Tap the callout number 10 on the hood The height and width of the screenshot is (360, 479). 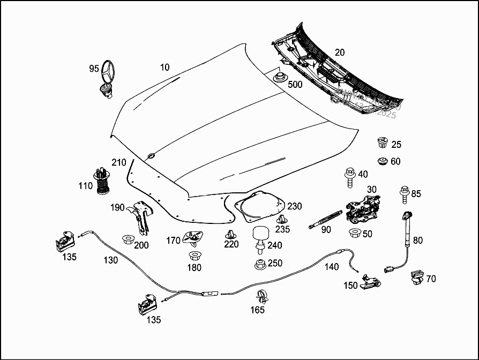coord(164,67)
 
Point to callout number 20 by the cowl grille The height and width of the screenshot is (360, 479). coord(340,52)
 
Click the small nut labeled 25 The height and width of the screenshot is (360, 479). coord(382,143)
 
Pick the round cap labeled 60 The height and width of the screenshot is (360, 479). coord(382,161)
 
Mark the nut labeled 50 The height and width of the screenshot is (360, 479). coord(354,234)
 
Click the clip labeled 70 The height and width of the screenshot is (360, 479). coord(416,277)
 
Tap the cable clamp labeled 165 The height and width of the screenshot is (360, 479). coord(262,295)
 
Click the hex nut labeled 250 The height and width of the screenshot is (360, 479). coord(259,265)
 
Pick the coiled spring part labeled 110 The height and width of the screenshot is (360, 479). coord(102,182)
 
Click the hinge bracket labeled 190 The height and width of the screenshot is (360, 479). coord(141,215)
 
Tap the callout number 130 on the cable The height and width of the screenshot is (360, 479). coord(111,260)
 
